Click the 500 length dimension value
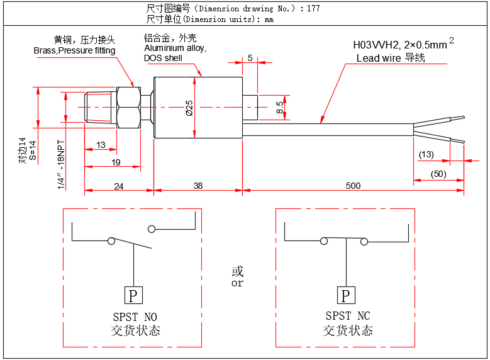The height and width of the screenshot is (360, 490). point(353,185)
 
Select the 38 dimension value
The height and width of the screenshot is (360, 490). point(198,185)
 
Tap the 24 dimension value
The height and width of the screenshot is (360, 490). point(119,185)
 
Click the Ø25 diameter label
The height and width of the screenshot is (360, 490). point(189,108)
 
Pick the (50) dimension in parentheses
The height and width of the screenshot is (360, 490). point(438,174)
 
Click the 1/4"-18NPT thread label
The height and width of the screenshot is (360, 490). point(62,165)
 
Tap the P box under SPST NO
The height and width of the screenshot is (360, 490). point(133,295)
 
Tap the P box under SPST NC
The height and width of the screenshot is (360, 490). point(345,295)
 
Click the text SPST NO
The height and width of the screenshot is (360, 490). point(133,316)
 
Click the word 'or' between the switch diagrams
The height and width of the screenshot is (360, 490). point(237,283)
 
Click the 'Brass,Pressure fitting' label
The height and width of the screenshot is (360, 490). point(74,50)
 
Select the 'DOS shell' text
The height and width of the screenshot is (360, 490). point(163,58)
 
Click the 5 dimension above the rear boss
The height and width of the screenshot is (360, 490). point(250,58)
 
